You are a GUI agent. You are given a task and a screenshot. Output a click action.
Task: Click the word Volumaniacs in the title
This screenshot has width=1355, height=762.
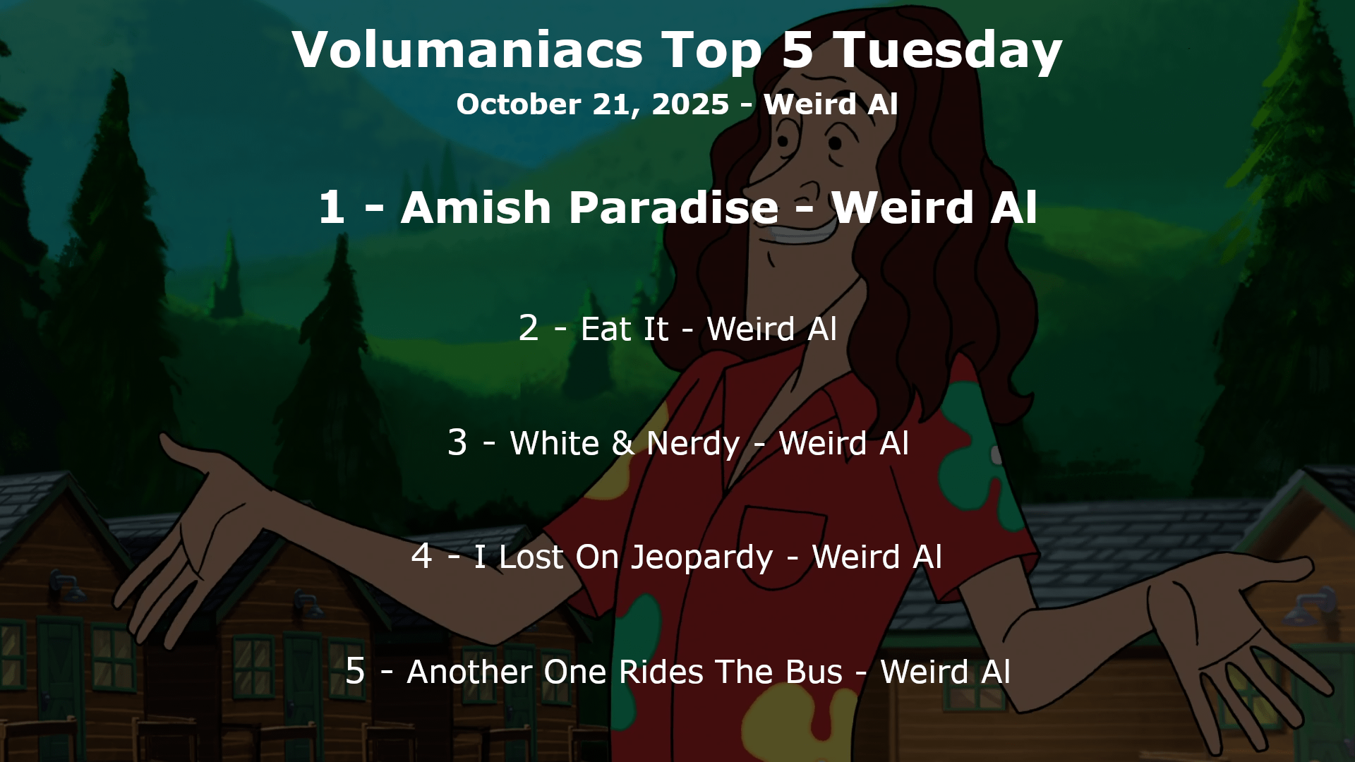pos(467,49)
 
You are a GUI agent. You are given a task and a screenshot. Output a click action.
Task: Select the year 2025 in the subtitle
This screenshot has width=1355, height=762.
pos(690,104)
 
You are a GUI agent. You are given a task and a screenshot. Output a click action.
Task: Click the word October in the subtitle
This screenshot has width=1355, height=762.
pos(519,104)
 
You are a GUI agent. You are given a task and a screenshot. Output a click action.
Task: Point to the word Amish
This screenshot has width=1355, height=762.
pos(476,207)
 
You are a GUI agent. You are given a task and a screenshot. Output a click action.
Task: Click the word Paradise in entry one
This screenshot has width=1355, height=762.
pos(674,207)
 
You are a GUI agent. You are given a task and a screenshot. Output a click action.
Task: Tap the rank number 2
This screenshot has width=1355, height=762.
pos(529,328)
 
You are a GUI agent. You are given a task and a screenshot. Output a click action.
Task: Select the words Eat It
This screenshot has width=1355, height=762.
pos(625,329)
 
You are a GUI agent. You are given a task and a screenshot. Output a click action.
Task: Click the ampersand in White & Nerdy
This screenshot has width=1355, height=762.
pos(622,443)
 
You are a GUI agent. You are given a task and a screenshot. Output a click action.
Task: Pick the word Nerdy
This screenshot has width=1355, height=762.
pos(693,445)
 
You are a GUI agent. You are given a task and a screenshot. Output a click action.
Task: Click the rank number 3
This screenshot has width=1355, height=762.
pos(457,442)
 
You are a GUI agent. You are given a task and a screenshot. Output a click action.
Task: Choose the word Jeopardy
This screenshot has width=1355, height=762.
pos(701,558)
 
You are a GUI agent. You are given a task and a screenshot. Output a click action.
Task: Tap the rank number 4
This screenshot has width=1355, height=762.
pos(421,556)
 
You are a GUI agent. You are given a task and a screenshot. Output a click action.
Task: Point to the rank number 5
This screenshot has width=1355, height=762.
pos(355,670)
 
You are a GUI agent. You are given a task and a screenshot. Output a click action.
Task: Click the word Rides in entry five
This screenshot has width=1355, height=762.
pos(661,672)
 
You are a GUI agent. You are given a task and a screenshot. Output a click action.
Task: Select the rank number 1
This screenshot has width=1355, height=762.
pos(332,207)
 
